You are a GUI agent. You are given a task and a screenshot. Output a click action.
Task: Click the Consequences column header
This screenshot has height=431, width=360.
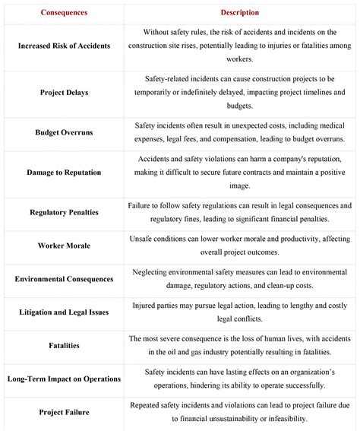(64, 13)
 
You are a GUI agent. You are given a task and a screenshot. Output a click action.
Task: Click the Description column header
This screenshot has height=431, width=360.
(240, 13)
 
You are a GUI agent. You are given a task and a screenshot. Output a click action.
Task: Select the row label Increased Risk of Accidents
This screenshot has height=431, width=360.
(64, 46)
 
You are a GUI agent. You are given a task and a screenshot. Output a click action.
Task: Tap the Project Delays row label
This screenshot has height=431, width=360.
(64, 92)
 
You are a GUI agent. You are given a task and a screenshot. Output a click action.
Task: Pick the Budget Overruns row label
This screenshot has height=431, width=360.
(64, 132)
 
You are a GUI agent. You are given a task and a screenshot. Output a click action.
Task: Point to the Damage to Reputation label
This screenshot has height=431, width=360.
(64, 173)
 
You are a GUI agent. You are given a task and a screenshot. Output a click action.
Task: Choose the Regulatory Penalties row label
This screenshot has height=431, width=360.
(64, 212)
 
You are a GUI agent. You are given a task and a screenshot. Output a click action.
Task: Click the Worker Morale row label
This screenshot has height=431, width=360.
(64, 246)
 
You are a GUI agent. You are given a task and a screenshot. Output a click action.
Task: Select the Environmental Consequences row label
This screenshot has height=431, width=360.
(64, 279)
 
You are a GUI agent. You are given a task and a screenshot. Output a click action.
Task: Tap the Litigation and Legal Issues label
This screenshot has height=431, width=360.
(64, 312)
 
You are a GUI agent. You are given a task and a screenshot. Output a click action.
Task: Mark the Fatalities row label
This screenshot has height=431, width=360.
(64, 346)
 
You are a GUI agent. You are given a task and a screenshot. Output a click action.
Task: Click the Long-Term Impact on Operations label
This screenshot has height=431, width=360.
(64, 379)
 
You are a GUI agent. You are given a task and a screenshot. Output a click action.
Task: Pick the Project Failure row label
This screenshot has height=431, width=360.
(64, 412)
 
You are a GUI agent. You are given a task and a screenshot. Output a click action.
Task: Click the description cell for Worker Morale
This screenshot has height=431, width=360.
(240, 246)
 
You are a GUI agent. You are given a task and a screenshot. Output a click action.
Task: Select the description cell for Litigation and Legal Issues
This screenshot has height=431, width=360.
(240, 312)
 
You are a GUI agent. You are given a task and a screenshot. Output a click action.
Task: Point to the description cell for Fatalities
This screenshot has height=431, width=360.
(240, 346)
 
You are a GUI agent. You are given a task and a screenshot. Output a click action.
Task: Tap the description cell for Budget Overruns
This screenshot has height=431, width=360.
(240, 132)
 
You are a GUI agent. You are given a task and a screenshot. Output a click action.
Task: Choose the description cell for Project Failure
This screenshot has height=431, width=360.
(240, 412)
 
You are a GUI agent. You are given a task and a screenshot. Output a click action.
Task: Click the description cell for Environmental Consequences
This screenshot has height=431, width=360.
(240, 279)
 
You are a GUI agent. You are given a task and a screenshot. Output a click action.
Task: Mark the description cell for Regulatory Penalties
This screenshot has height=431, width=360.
(240, 212)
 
